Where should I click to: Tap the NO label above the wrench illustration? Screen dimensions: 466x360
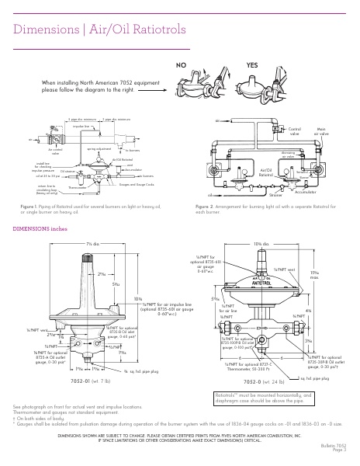[183, 65]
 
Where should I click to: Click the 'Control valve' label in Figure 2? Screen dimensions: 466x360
[295, 130]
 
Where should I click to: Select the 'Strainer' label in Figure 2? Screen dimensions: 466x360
[275, 196]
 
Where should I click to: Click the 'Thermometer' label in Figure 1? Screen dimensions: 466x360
[78, 187]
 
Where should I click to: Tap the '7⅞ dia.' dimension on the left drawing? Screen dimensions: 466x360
[92, 245]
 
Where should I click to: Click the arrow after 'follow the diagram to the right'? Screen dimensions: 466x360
[155, 89]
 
